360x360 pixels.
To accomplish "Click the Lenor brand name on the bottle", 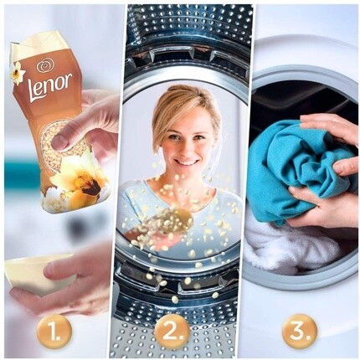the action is pos(50,85).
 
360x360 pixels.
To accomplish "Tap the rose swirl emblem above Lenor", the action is pos(43,66).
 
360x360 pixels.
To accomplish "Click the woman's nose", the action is pos(186,148).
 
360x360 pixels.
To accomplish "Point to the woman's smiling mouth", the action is pos(186,162).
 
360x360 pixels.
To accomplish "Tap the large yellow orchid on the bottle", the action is pos(80,178).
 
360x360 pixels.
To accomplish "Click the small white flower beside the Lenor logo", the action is pos(18,72).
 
